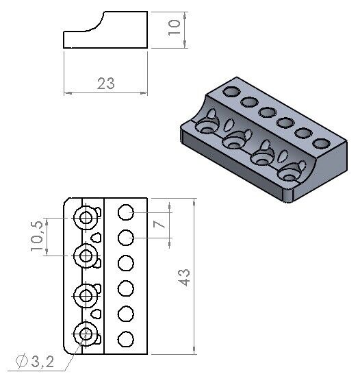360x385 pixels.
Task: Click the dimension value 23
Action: pos(105,84)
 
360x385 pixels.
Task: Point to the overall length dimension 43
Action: pos(184,276)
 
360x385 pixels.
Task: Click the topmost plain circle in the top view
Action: pos(126,212)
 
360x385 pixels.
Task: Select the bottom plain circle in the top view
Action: pos(126,339)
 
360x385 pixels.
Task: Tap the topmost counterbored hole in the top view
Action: pos(87,218)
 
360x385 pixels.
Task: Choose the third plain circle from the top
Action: pos(126,263)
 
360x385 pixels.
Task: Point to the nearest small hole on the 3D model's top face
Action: pos(320,144)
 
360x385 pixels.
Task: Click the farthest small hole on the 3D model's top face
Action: pos(231,92)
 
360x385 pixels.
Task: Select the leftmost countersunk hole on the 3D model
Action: pos(205,127)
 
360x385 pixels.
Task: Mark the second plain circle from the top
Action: pos(126,238)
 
